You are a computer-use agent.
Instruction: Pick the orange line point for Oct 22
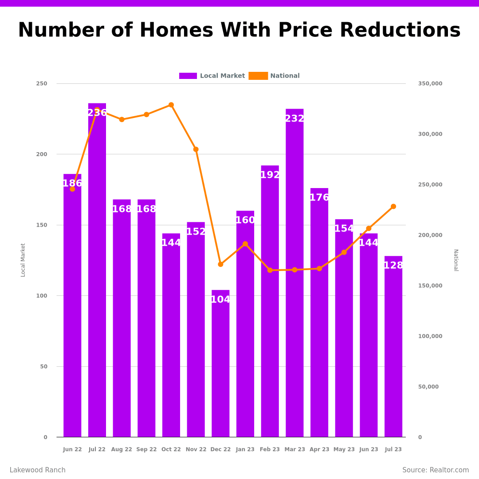pyautogui.click(x=171, y=105)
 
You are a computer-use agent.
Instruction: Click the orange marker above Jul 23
pyautogui.click(x=393, y=207)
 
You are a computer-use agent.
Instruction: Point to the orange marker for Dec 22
pyautogui.click(x=220, y=264)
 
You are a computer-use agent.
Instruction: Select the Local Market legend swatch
pyautogui.click(x=188, y=76)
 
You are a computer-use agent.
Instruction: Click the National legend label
pyautogui.click(x=285, y=76)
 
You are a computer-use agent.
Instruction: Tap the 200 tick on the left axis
pyautogui.click(x=42, y=154)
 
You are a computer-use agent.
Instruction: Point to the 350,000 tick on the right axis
pyautogui.click(x=430, y=84)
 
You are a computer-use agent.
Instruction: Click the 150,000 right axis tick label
pyautogui.click(x=430, y=286)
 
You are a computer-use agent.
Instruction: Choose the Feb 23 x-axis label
pyautogui.click(x=270, y=449)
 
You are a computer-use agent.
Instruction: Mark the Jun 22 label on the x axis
pyautogui.click(x=72, y=449)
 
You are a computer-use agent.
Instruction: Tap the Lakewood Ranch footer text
pyautogui.click(x=38, y=470)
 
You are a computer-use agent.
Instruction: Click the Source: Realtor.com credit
pyautogui.click(x=436, y=470)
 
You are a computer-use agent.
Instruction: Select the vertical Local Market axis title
pyautogui.click(x=23, y=260)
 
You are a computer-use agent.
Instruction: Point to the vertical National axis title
pyautogui.click(x=455, y=260)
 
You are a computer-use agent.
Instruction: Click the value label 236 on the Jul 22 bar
pyautogui.click(x=97, y=113)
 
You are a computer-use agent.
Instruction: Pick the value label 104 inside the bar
pyautogui.click(x=220, y=300)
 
